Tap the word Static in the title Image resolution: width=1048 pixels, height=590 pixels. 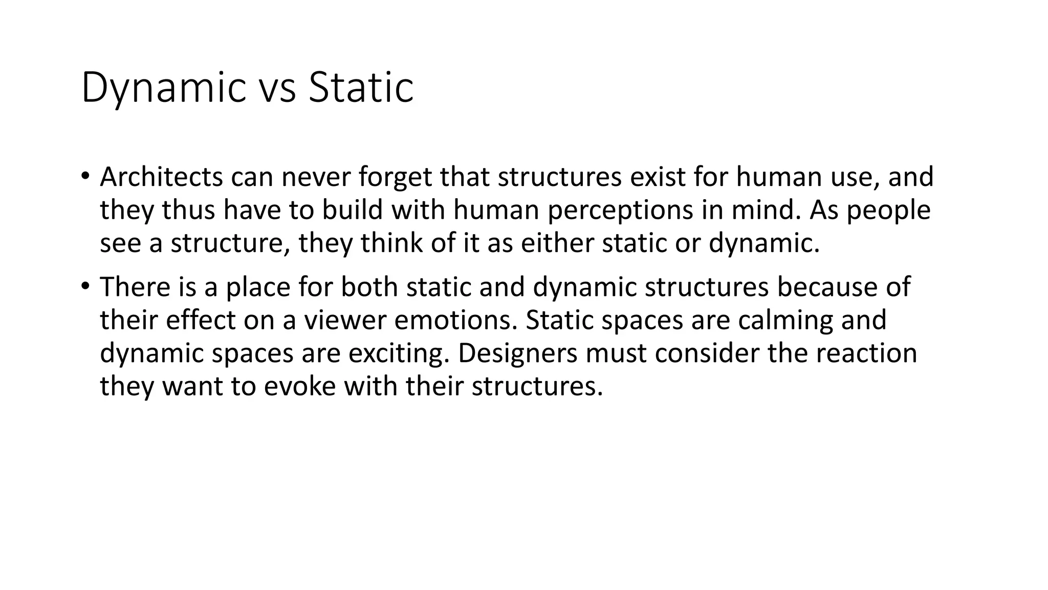pos(361,88)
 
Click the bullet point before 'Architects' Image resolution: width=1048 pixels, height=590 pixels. pos(84,176)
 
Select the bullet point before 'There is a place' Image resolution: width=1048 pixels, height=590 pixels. pos(84,286)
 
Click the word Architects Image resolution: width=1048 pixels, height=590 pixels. pos(161,177)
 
